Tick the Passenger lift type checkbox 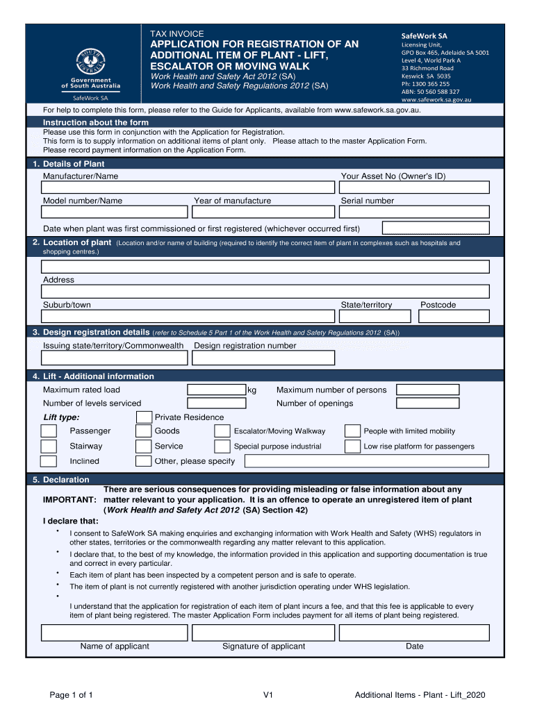tap(49, 431)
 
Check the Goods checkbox tap(144, 431)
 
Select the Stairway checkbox tap(49, 446)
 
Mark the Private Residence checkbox tap(144, 417)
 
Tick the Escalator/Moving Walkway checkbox tap(222, 431)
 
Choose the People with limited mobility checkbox tap(352, 431)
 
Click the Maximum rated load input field tap(217, 390)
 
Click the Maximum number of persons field tap(427, 390)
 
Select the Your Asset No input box tap(415, 187)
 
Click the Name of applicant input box tap(115, 633)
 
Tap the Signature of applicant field tap(263, 633)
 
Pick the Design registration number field tap(263, 358)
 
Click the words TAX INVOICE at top tap(177, 33)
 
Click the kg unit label tap(252, 390)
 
